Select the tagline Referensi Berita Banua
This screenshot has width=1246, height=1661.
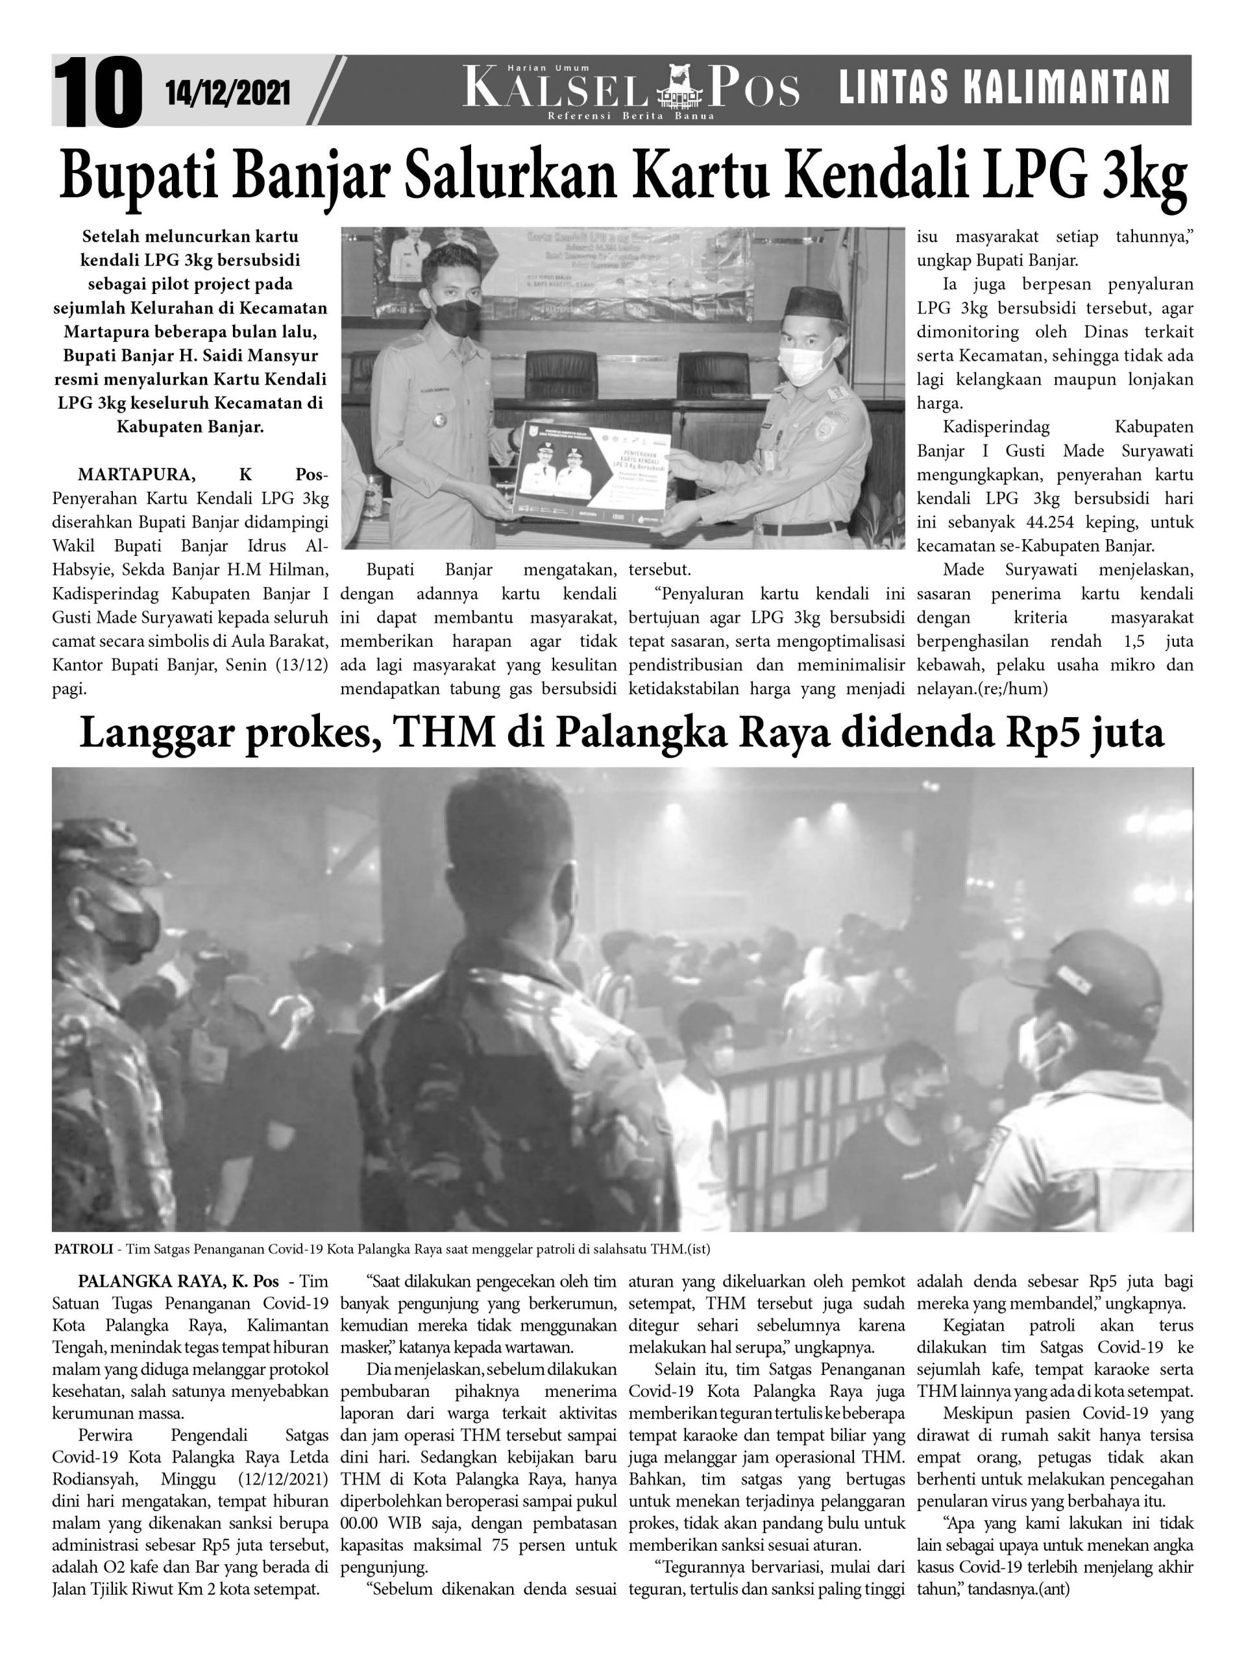point(631,115)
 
